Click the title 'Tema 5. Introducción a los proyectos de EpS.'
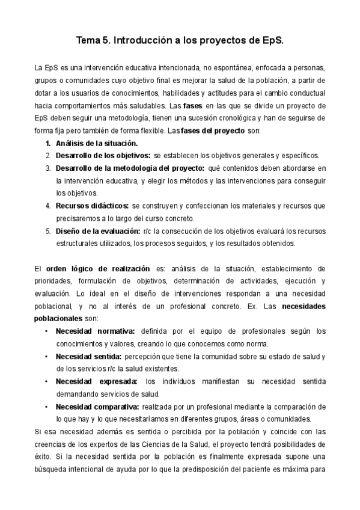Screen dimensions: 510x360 click(x=180, y=41)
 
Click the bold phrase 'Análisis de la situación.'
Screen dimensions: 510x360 click(x=96, y=143)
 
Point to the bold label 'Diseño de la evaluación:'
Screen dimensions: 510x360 click(x=98, y=231)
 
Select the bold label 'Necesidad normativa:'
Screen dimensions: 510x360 click(x=96, y=331)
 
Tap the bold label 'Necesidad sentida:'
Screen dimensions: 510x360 click(x=88, y=356)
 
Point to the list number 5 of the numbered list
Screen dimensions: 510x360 click(x=47, y=231)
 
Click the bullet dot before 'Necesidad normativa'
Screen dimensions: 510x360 click(x=47, y=331)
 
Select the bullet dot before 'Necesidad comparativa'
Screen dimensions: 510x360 click(x=47, y=407)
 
